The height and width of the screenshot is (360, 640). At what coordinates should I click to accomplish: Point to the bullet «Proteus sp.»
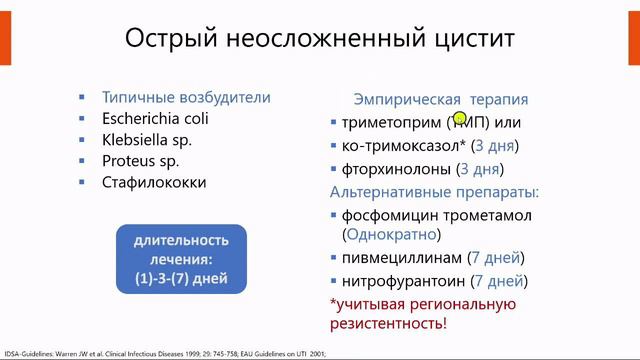pyautogui.click(x=140, y=161)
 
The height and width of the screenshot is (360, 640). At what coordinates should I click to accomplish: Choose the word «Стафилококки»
pyautogui.click(x=154, y=182)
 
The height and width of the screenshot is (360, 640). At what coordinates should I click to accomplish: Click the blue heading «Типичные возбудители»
pyautogui.click(x=186, y=98)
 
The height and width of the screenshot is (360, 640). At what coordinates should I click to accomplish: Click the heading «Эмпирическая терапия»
pyautogui.click(x=441, y=100)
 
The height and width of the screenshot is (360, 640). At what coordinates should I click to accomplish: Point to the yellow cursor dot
pyautogui.click(x=460, y=120)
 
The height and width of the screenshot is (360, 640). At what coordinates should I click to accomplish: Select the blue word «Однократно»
pyautogui.click(x=391, y=236)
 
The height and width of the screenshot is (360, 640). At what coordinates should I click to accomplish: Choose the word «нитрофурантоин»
pyautogui.click(x=404, y=281)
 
